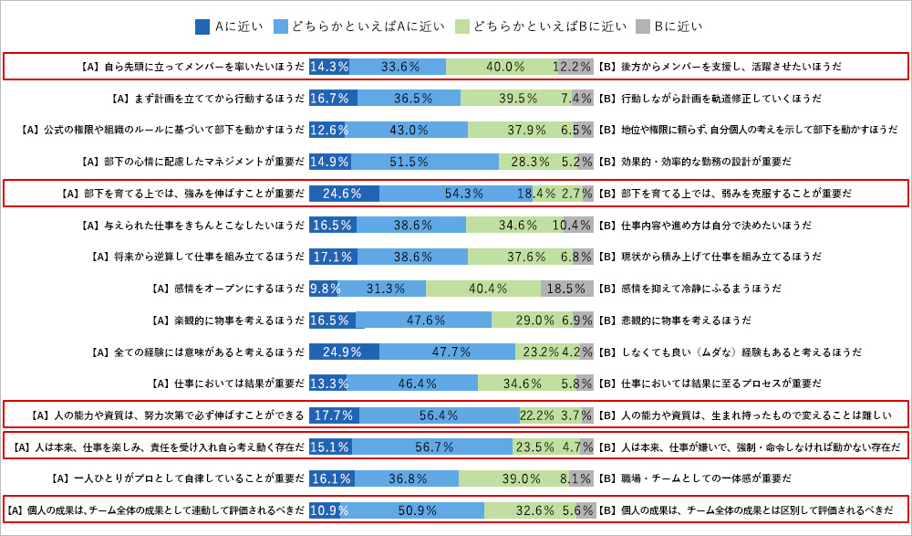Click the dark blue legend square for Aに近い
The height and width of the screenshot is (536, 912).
[x=202, y=26]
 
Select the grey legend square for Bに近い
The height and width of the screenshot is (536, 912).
[x=642, y=26]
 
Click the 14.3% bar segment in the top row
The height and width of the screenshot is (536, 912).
[x=329, y=67]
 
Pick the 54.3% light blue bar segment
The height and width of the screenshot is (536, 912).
[x=456, y=194]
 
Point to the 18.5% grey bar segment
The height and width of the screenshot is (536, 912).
[x=566, y=289]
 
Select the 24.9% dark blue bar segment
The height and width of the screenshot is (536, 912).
[x=344, y=352]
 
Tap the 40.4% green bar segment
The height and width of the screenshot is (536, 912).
[x=483, y=289]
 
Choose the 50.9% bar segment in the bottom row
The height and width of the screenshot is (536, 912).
[x=412, y=510]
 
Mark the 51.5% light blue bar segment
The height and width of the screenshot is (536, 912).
[x=424, y=162]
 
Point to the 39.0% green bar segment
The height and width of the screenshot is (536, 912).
[x=513, y=478]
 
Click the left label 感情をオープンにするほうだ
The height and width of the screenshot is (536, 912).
[x=227, y=289]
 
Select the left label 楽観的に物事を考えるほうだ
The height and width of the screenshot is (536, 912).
[x=227, y=321]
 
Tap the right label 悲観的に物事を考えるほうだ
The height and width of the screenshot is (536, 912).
[x=675, y=321]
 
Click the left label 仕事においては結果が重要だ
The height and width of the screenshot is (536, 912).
[x=227, y=384]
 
